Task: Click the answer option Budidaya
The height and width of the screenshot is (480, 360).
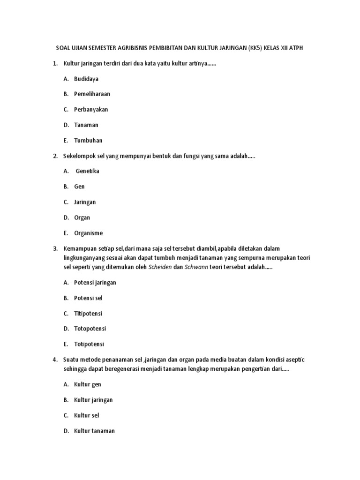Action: [86, 79]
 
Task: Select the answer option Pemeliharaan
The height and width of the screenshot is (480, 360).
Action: [92, 94]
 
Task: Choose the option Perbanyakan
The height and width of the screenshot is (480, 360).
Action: [91, 110]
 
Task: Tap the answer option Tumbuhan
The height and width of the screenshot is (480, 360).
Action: [88, 141]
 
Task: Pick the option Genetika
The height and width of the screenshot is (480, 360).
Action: [88, 171]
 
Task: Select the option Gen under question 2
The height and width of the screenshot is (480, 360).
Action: [79, 187]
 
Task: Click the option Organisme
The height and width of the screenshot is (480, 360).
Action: [88, 233]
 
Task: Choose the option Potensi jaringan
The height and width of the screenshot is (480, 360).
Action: [95, 283]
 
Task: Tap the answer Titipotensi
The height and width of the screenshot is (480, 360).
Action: [88, 313]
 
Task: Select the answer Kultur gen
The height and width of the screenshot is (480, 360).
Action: [88, 384]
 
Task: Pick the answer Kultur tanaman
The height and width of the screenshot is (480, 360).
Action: [94, 431]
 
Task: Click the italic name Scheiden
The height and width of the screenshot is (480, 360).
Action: [160, 268]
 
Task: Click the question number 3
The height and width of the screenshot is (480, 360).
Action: [55, 248]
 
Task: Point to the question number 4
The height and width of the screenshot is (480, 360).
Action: [55, 360]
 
